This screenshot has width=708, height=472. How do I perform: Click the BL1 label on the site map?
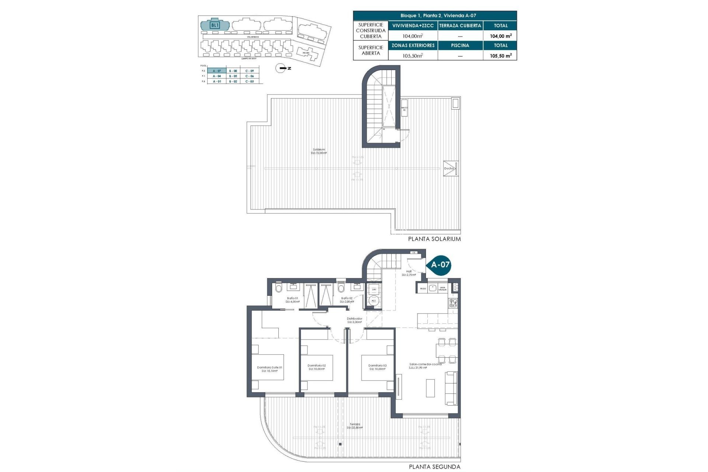tap(215, 25)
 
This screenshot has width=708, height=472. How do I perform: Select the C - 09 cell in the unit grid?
tap(250, 71)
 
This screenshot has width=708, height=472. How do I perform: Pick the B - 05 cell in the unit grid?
tap(233, 76)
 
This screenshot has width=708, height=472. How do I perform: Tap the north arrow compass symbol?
tap(281, 68)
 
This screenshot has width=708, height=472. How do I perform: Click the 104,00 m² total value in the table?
tap(500, 36)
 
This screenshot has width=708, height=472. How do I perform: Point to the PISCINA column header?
tap(460, 45)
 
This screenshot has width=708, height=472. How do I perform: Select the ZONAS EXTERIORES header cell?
tap(413, 45)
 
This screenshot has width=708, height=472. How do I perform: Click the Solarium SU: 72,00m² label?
tap(319, 151)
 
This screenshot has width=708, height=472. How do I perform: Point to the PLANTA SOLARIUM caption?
tap(434, 239)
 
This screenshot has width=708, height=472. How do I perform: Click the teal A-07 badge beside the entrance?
tap(440, 264)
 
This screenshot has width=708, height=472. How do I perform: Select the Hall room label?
tap(409, 273)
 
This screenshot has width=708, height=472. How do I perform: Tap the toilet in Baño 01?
tap(278, 288)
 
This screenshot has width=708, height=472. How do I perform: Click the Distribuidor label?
tap(354, 320)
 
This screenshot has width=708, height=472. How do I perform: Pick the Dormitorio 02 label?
tap(317, 367)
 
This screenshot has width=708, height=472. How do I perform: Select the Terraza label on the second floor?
tap(355, 426)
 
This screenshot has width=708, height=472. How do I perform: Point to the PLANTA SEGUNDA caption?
tap(434, 467)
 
